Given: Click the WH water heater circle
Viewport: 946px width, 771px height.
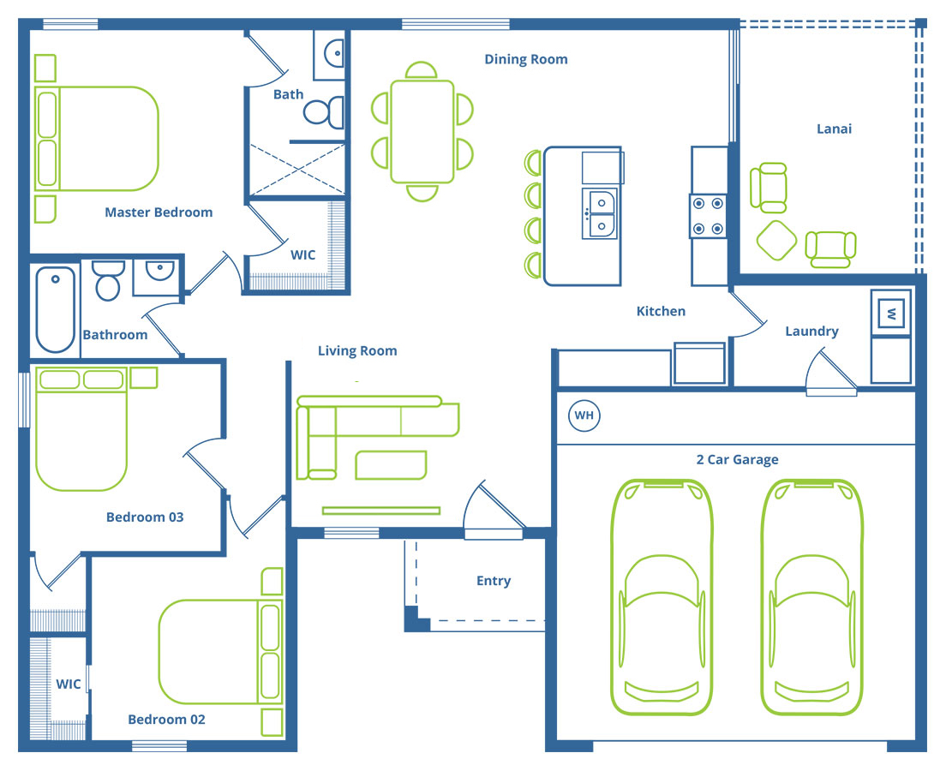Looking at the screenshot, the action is pyautogui.click(x=584, y=415).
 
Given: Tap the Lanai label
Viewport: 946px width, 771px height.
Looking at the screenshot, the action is pyautogui.click(x=834, y=128).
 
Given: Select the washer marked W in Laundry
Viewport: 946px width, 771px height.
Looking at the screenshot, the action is pyautogui.click(x=890, y=313).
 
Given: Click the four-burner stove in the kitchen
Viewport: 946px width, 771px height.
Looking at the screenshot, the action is pyautogui.click(x=709, y=216).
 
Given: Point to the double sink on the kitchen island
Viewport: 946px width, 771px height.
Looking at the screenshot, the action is pyautogui.click(x=600, y=213).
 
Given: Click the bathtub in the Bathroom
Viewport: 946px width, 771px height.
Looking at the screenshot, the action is pyautogui.click(x=56, y=309).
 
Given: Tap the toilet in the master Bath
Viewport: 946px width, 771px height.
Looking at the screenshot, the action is pyautogui.click(x=324, y=112).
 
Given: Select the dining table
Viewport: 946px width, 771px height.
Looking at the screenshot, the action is pyautogui.click(x=422, y=132).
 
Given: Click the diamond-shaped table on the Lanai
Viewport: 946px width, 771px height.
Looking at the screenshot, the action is pyautogui.click(x=776, y=240).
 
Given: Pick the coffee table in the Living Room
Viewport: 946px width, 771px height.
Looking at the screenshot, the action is pyautogui.click(x=391, y=465).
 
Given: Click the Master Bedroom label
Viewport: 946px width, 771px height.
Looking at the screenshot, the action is pyautogui.click(x=159, y=212).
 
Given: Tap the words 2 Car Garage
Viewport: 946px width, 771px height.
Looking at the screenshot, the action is pyautogui.click(x=737, y=460).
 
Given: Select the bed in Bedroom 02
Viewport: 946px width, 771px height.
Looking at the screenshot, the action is pyautogui.click(x=220, y=652).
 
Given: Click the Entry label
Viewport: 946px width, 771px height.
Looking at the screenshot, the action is pyautogui.click(x=494, y=581).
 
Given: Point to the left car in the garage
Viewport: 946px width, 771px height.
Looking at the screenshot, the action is pyautogui.click(x=662, y=597).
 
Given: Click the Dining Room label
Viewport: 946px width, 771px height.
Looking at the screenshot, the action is pyautogui.click(x=526, y=59).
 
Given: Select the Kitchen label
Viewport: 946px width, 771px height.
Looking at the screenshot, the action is pyautogui.click(x=661, y=311).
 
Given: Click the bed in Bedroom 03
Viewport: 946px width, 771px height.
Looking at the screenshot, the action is pyautogui.click(x=81, y=428).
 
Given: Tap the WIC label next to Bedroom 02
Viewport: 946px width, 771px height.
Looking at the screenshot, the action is pyautogui.click(x=69, y=684).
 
